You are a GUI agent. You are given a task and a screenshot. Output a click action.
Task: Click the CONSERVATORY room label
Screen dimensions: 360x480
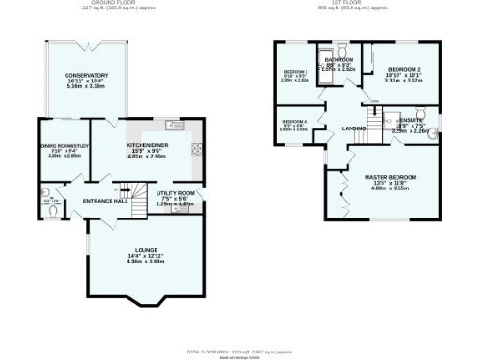coord(86,76)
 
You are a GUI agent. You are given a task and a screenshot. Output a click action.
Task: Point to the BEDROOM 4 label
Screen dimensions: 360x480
coord(294,122)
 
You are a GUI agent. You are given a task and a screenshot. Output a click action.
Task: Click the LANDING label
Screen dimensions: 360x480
coord(353,128)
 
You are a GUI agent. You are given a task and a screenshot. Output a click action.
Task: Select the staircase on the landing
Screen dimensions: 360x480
coord(374,119)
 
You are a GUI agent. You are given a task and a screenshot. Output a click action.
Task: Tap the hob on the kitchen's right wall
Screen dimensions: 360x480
coord(196,147)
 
